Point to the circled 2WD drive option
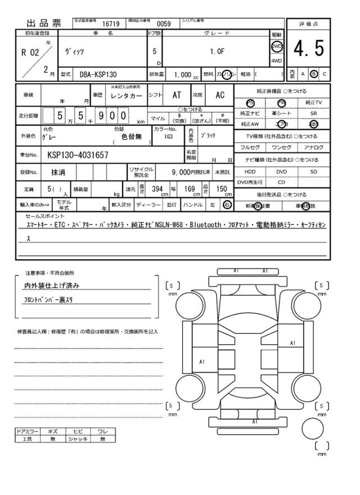[x=277, y=46]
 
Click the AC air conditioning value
[x=220, y=96]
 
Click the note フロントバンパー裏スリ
[x=51, y=299]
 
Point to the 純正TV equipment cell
[x=314, y=102]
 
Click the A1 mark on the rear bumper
[x=255, y=421]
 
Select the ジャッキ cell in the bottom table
[x=75, y=439]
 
